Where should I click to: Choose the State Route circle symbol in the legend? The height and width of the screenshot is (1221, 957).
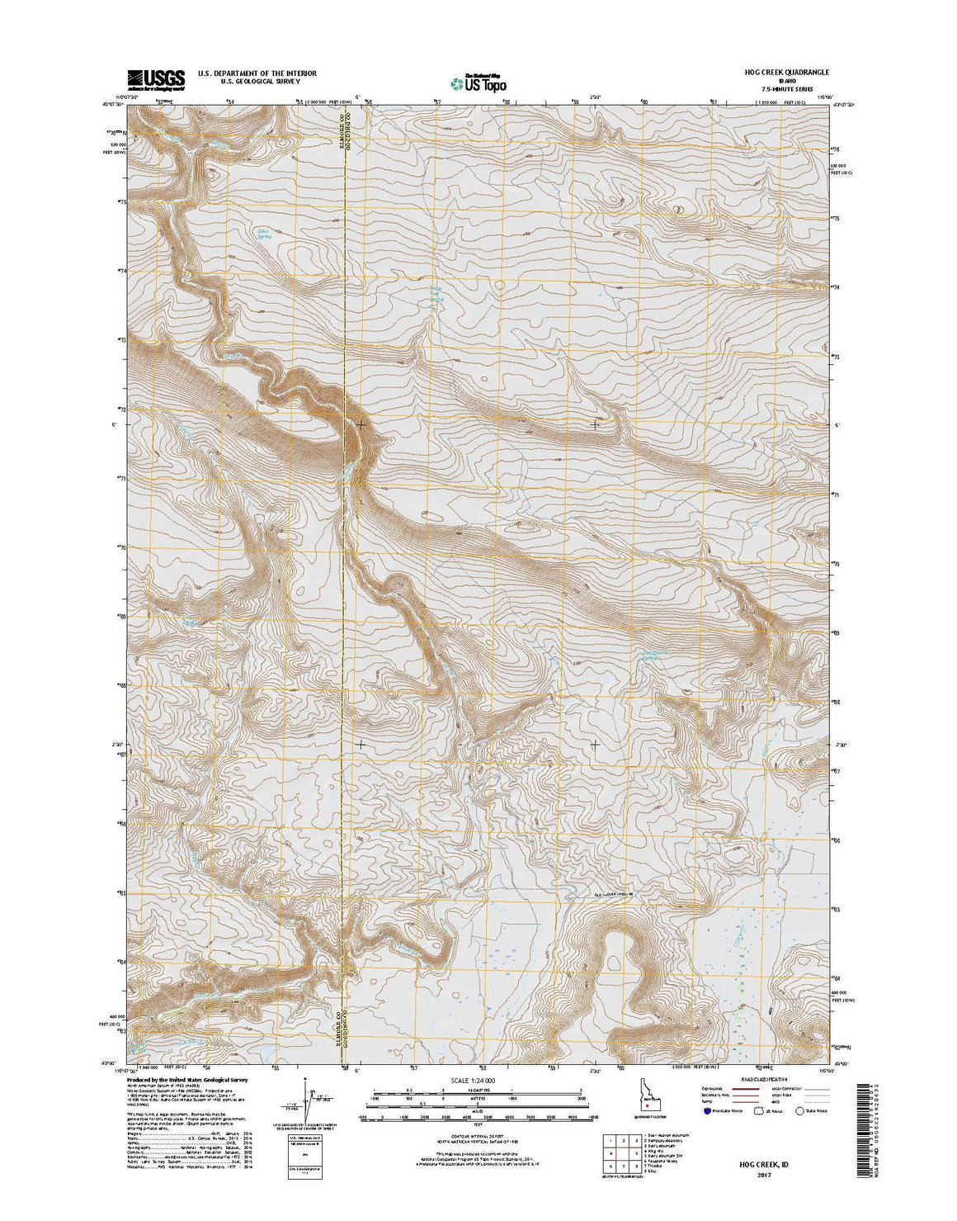point(800,1111)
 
